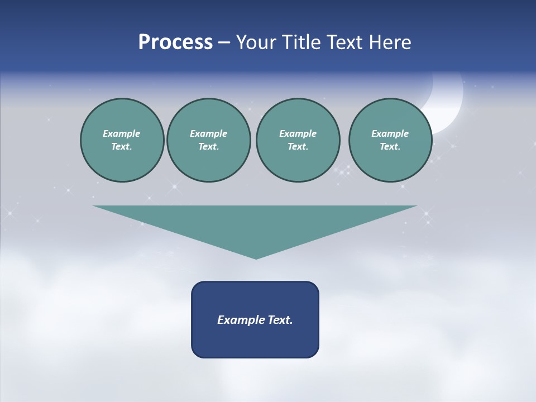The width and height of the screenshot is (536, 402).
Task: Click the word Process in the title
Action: [175, 42]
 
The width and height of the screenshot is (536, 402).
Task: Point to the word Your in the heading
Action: [256, 42]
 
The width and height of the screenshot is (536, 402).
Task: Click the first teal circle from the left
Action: [122, 140]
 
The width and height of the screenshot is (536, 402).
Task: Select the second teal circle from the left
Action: [209, 140]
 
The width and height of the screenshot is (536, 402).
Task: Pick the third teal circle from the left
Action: [298, 140]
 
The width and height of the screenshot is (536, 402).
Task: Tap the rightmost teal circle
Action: [390, 140]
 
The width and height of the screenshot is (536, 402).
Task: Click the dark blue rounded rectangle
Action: [255, 319]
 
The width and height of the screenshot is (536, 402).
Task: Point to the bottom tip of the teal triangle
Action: [256, 257]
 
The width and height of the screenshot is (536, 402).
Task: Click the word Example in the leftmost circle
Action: [122, 133]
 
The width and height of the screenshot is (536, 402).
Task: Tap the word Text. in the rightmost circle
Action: [390, 147]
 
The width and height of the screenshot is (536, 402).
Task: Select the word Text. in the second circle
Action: [209, 147]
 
